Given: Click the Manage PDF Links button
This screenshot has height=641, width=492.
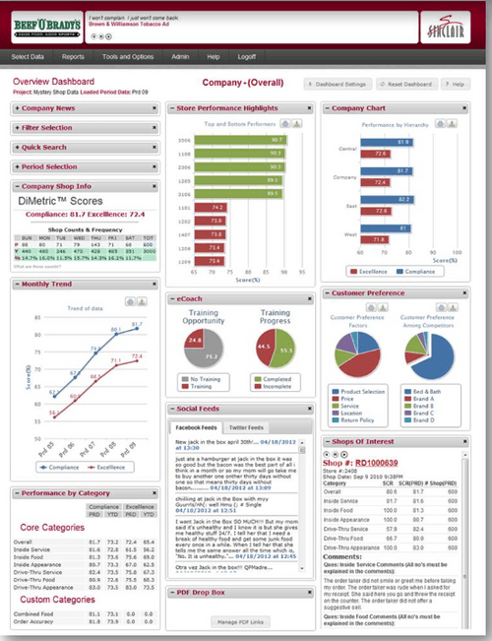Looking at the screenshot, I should (x=239, y=622).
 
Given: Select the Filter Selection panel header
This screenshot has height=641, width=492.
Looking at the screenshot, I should (x=48, y=127).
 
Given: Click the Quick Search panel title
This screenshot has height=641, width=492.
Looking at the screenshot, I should (x=44, y=147).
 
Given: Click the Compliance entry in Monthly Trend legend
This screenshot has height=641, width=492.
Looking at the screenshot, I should (x=58, y=468).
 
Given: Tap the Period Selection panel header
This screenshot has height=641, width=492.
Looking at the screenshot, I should (x=48, y=166).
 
